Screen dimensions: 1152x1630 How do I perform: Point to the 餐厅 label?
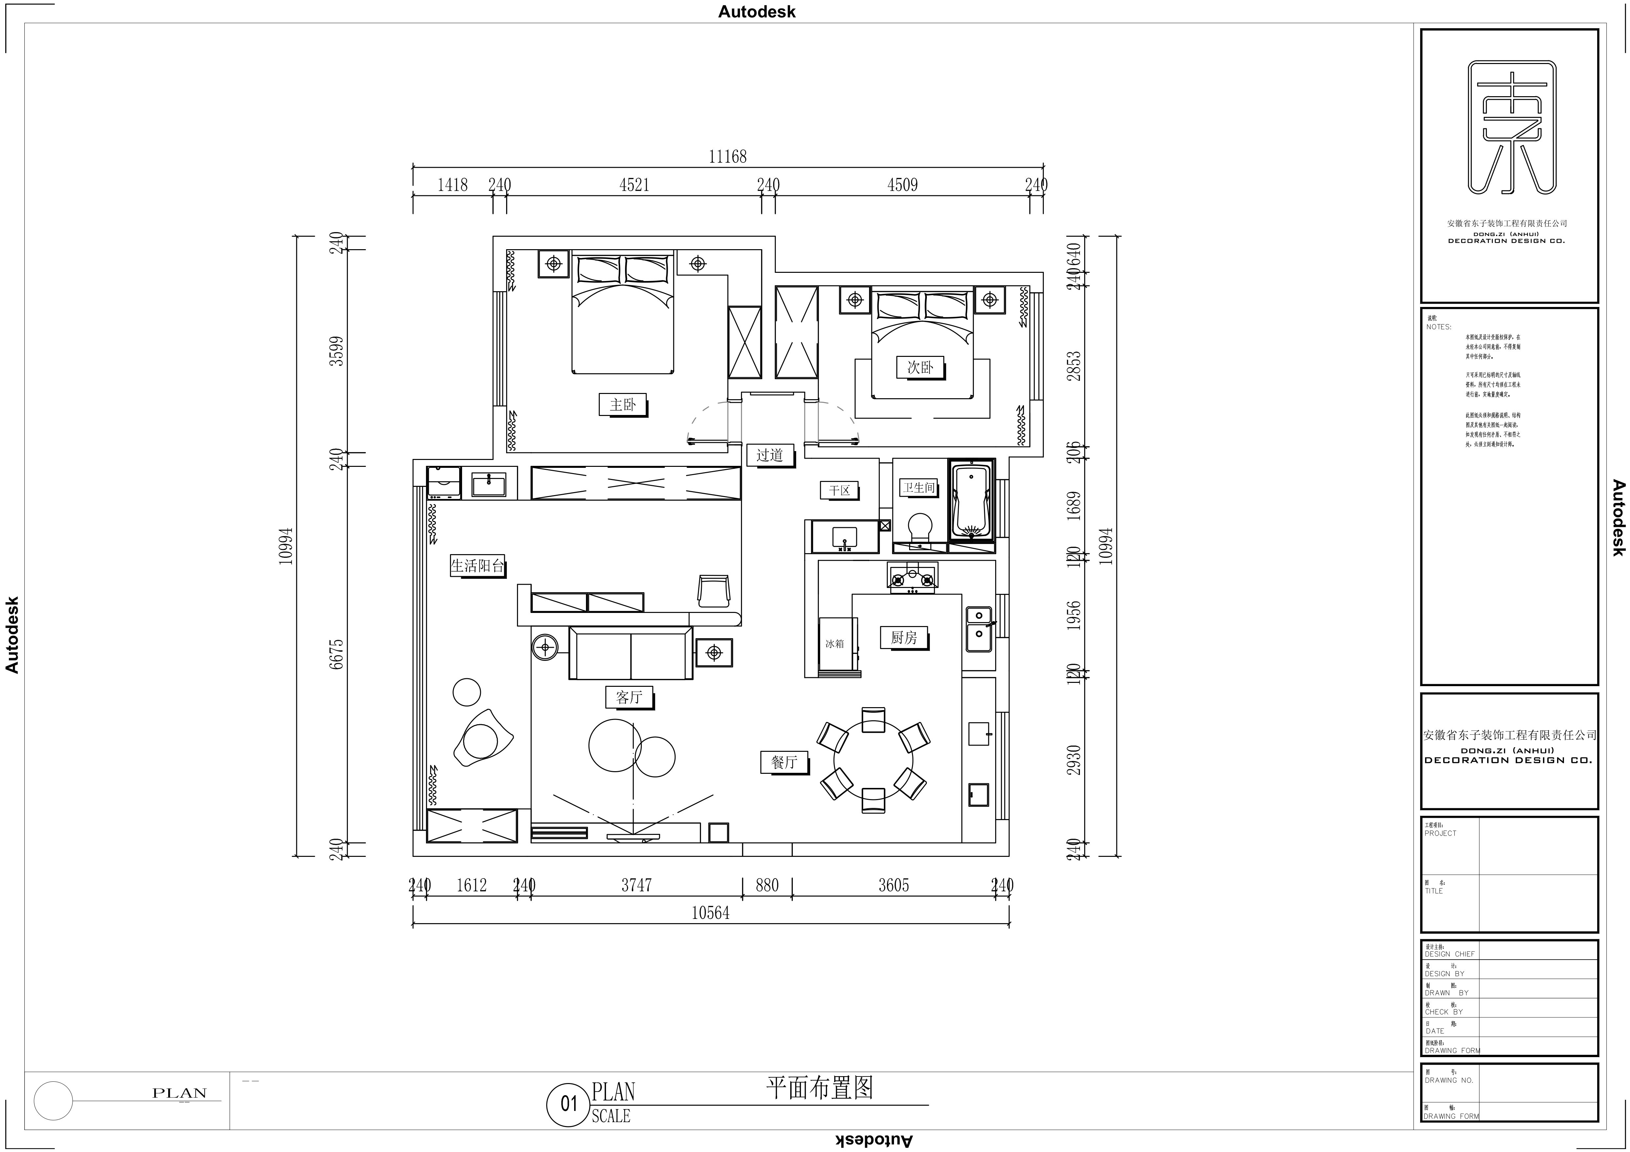coord(784,762)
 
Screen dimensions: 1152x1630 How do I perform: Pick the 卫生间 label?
coord(919,488)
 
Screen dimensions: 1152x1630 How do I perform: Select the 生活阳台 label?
coord(477,566)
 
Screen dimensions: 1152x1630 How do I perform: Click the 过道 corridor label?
coord(770,455)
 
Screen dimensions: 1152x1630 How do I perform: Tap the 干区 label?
coord(839,490)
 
